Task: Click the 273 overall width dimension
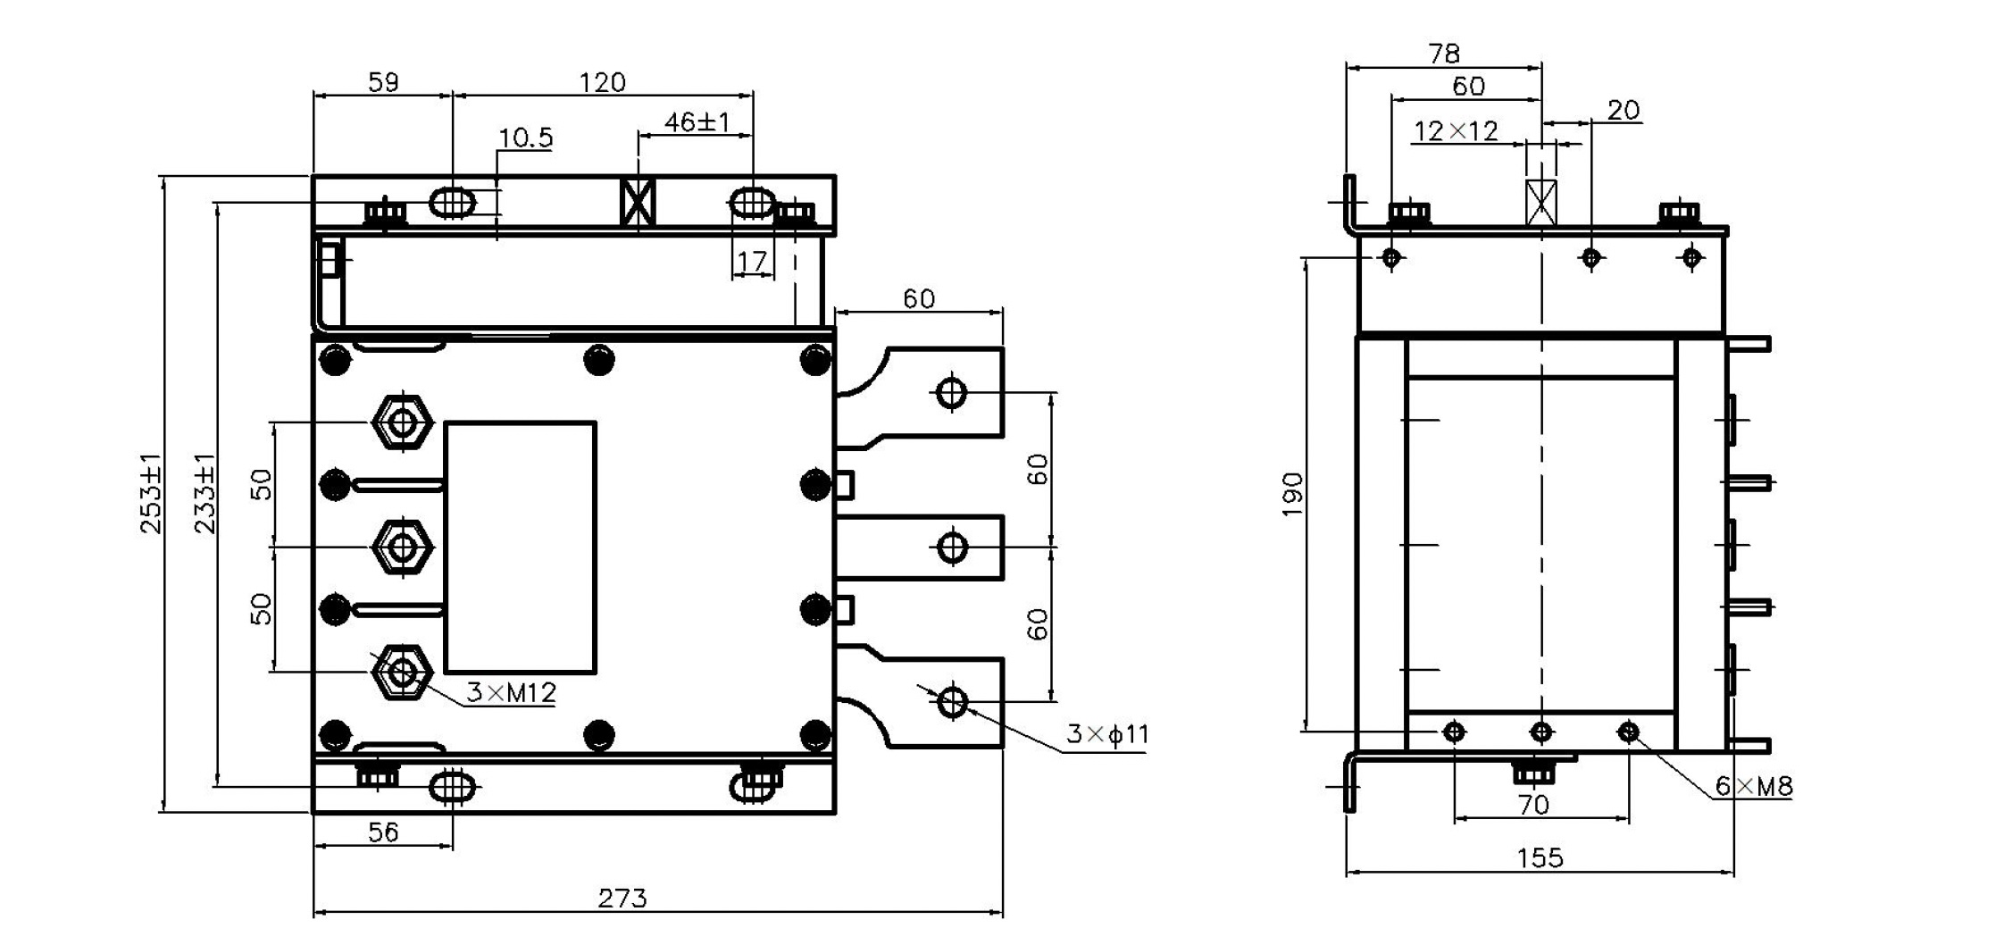coord(622,898)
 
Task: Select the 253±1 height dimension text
coord(152,494)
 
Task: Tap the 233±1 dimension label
coord(205,494)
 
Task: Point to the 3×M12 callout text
coord(511,692)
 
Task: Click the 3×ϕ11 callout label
coord(1107,734)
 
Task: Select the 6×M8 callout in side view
coord(1753,786)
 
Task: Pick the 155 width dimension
coord(1540,858)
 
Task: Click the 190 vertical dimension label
coord(1292,494)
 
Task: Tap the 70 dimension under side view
coord(1533,805)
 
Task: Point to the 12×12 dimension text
coord(1456,131)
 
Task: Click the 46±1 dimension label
coord(697,121)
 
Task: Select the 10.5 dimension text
coord(525,138)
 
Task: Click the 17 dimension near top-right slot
coord(752,261)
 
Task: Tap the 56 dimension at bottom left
coord(383,832)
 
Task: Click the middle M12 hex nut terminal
coord(403,545)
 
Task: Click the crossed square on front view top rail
coord(638,203)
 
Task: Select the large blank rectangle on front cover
coord(521,547)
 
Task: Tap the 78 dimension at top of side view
coord(1444,54)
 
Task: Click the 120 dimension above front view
coord(603,82)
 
